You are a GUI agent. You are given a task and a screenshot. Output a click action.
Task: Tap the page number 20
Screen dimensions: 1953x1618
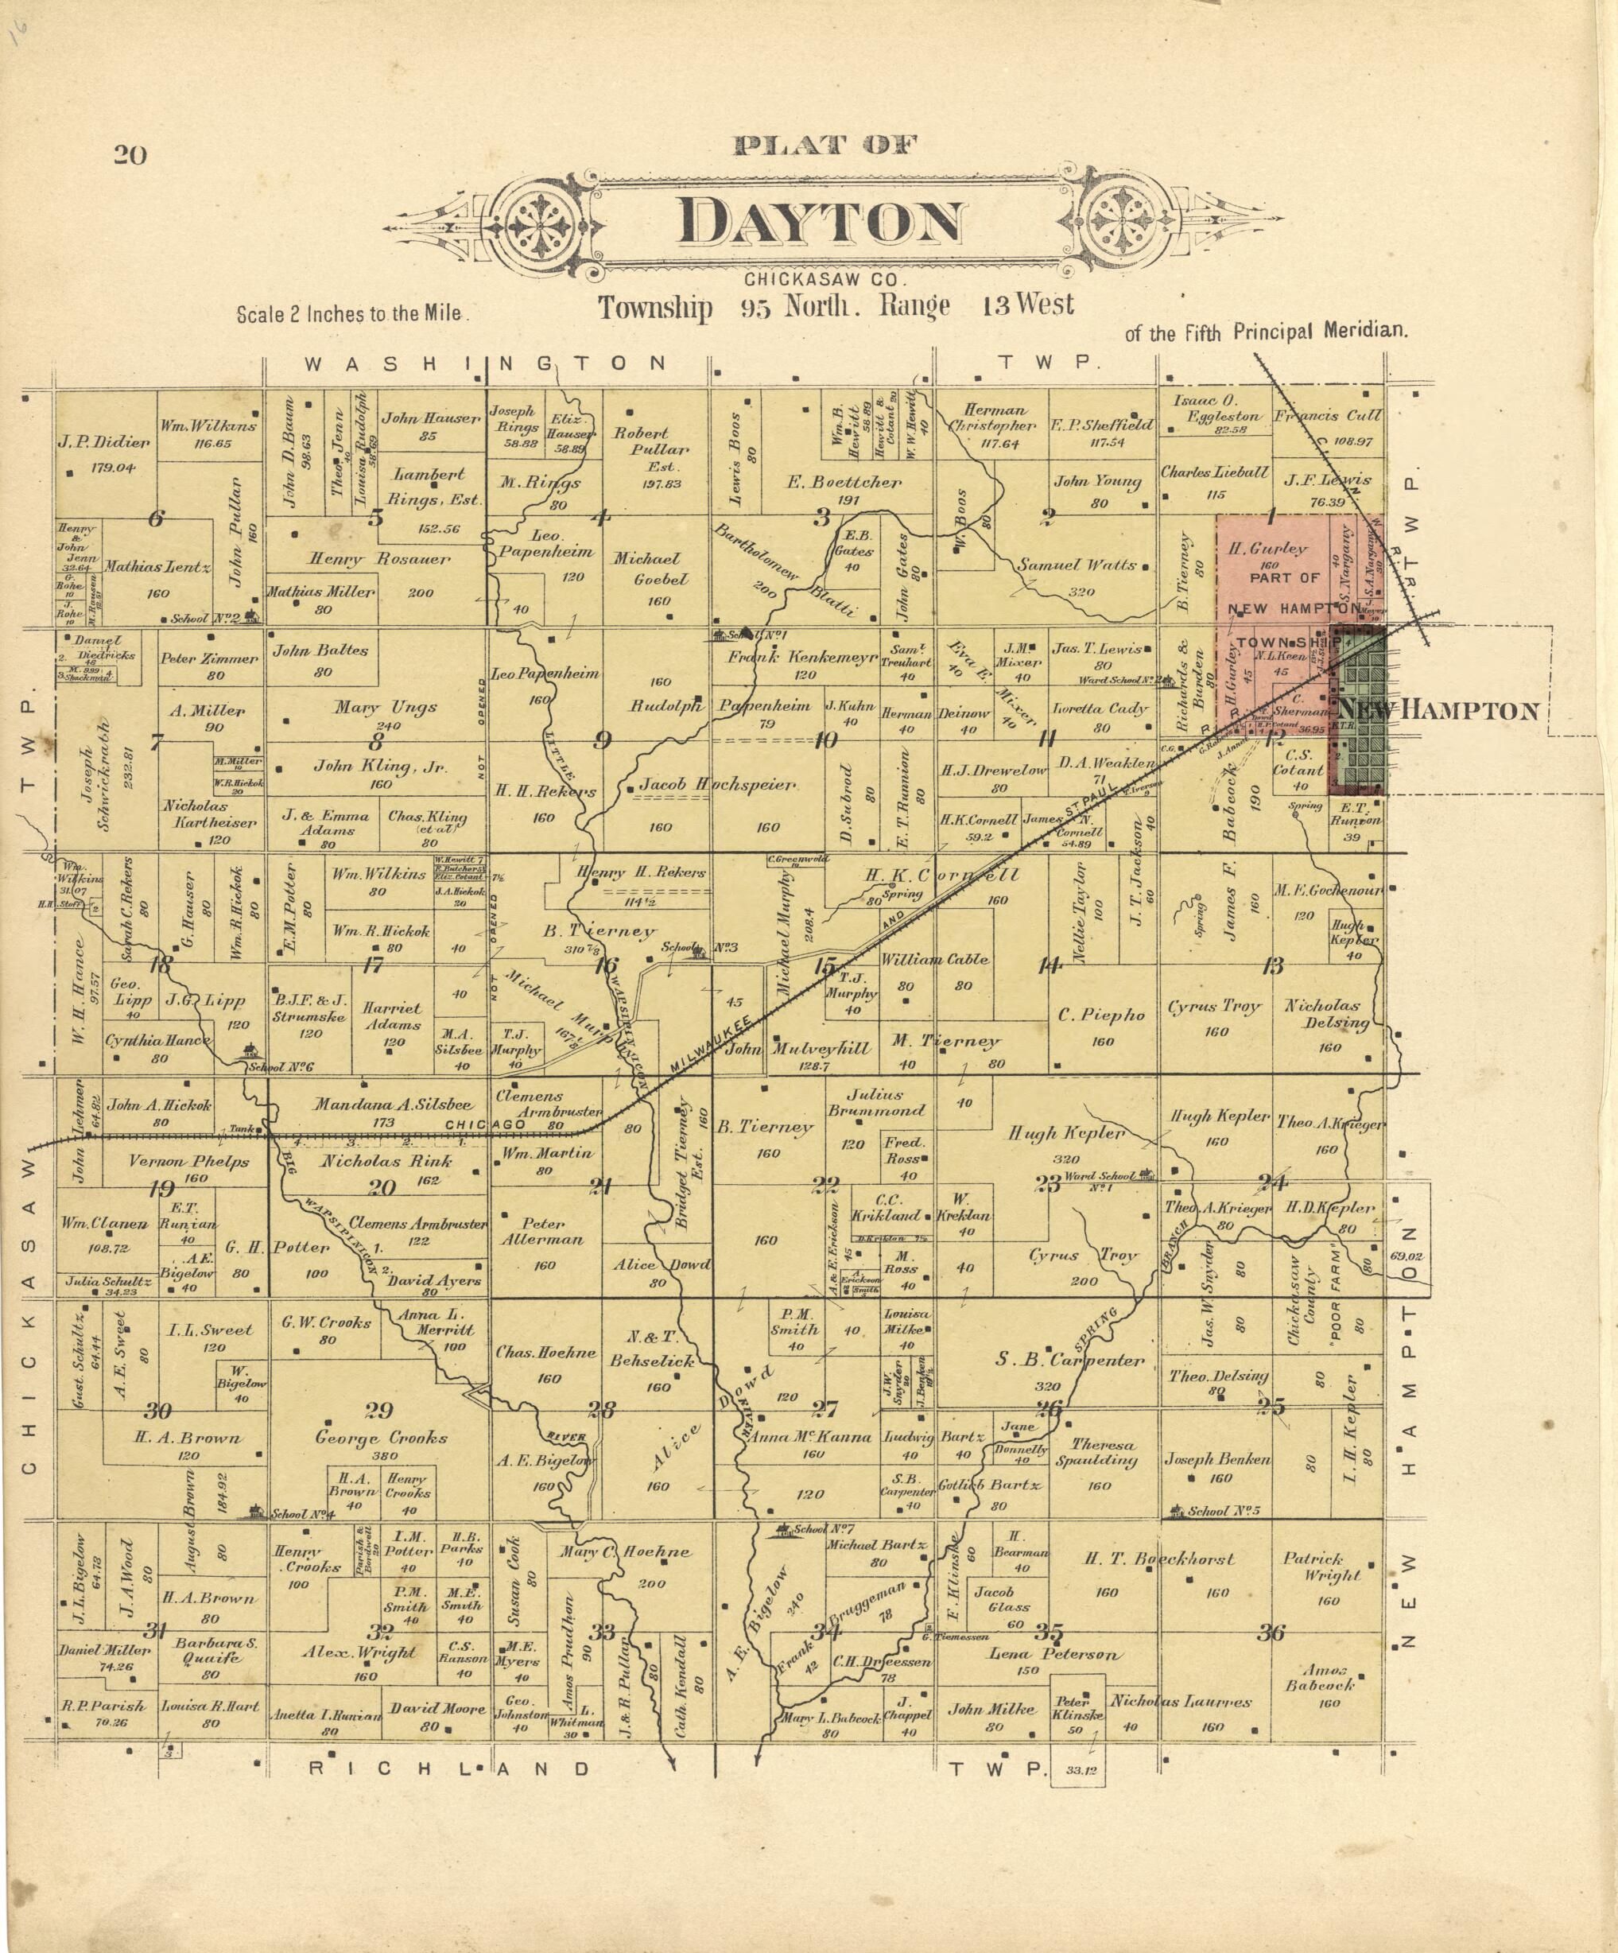click(130, 155)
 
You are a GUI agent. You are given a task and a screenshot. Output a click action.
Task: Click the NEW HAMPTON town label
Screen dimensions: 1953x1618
click(1438, 712)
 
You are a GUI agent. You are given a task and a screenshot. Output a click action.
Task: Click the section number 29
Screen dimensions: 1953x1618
click(378, 1411)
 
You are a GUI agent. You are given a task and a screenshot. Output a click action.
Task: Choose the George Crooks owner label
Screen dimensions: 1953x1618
click(382, 1438)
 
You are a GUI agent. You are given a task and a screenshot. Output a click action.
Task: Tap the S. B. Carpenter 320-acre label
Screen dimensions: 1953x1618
click(1069, 1360)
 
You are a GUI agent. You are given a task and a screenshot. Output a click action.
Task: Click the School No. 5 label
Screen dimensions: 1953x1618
click(1224, 1511)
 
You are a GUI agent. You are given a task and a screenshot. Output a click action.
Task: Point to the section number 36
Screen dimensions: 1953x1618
click(1271, 1633)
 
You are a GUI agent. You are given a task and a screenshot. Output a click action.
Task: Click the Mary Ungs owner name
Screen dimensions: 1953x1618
click(385, 708)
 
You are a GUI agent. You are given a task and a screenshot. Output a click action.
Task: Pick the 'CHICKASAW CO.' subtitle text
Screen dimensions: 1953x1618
click(824, 279)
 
